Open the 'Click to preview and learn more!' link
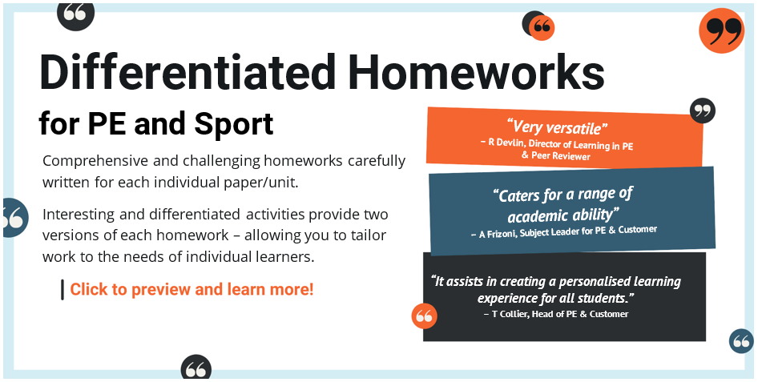(x=192, y=289)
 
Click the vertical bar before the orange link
(x=62, y=289)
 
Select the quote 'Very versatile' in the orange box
(x=558, y=127)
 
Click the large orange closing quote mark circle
(x=721, y=30)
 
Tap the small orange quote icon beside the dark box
(x=424, y=316)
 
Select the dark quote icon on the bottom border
(x=196, y=368)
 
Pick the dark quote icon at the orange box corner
(x=702, y=111)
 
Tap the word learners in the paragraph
(x=287, y=257)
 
